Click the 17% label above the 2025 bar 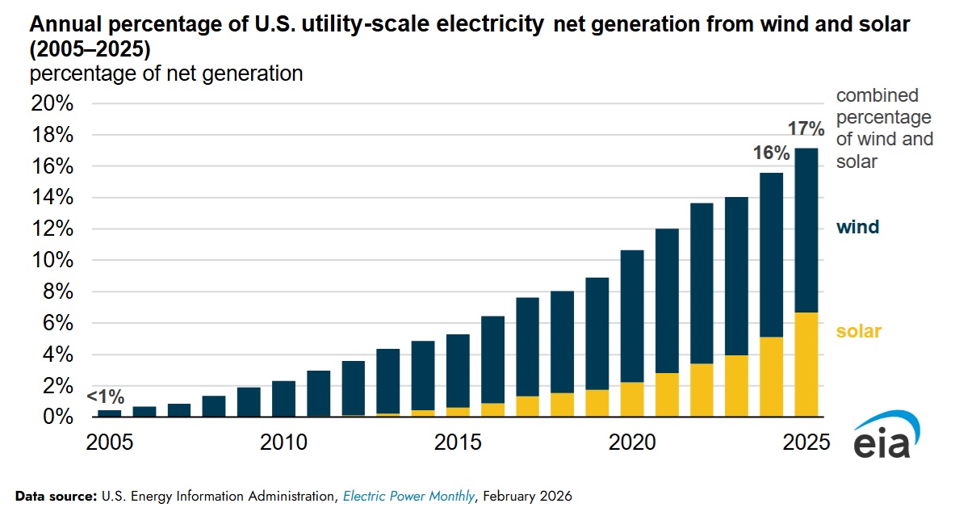[x=806, y=128]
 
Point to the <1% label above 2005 [x=106, y=396]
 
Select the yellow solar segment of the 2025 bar [x=805, y=364]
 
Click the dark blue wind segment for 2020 [x=631, y=316]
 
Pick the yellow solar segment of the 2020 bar [x=631, y=400]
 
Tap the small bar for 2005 [x=109, y=413]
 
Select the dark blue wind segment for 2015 [x=458, y=371]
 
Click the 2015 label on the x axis [x=458, y=443]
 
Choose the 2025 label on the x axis [x=805, y=443]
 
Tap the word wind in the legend [x=857, y=228]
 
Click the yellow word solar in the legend [x=859, y=331]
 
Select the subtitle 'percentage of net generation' [x=166, y=73]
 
